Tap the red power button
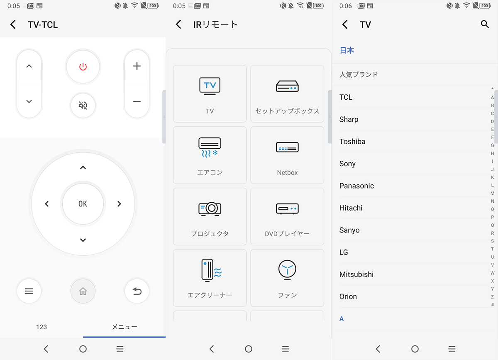click(x=83, y=66)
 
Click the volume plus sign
click(x=137, y=66)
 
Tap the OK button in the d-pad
click(x=83, y=203)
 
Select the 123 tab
click(x=41, y=327)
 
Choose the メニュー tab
click(x=124, y=327)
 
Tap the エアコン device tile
click(x=210, y=155)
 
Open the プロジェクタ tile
click(x=210, y=216)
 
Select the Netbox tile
click(x=287, y=155)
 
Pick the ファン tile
click(x=287, y=277)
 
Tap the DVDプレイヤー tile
click(x=287, y=216)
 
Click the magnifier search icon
click(x=485, y=24)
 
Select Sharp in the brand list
click(x=349, y=119)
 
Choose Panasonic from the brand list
click(x=356, y=186)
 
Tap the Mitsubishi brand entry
click(x=356, y=274)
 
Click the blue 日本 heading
click(x=347, y=50)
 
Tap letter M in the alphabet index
click(x=493, y=193)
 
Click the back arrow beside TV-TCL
click(x=13, y=24)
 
